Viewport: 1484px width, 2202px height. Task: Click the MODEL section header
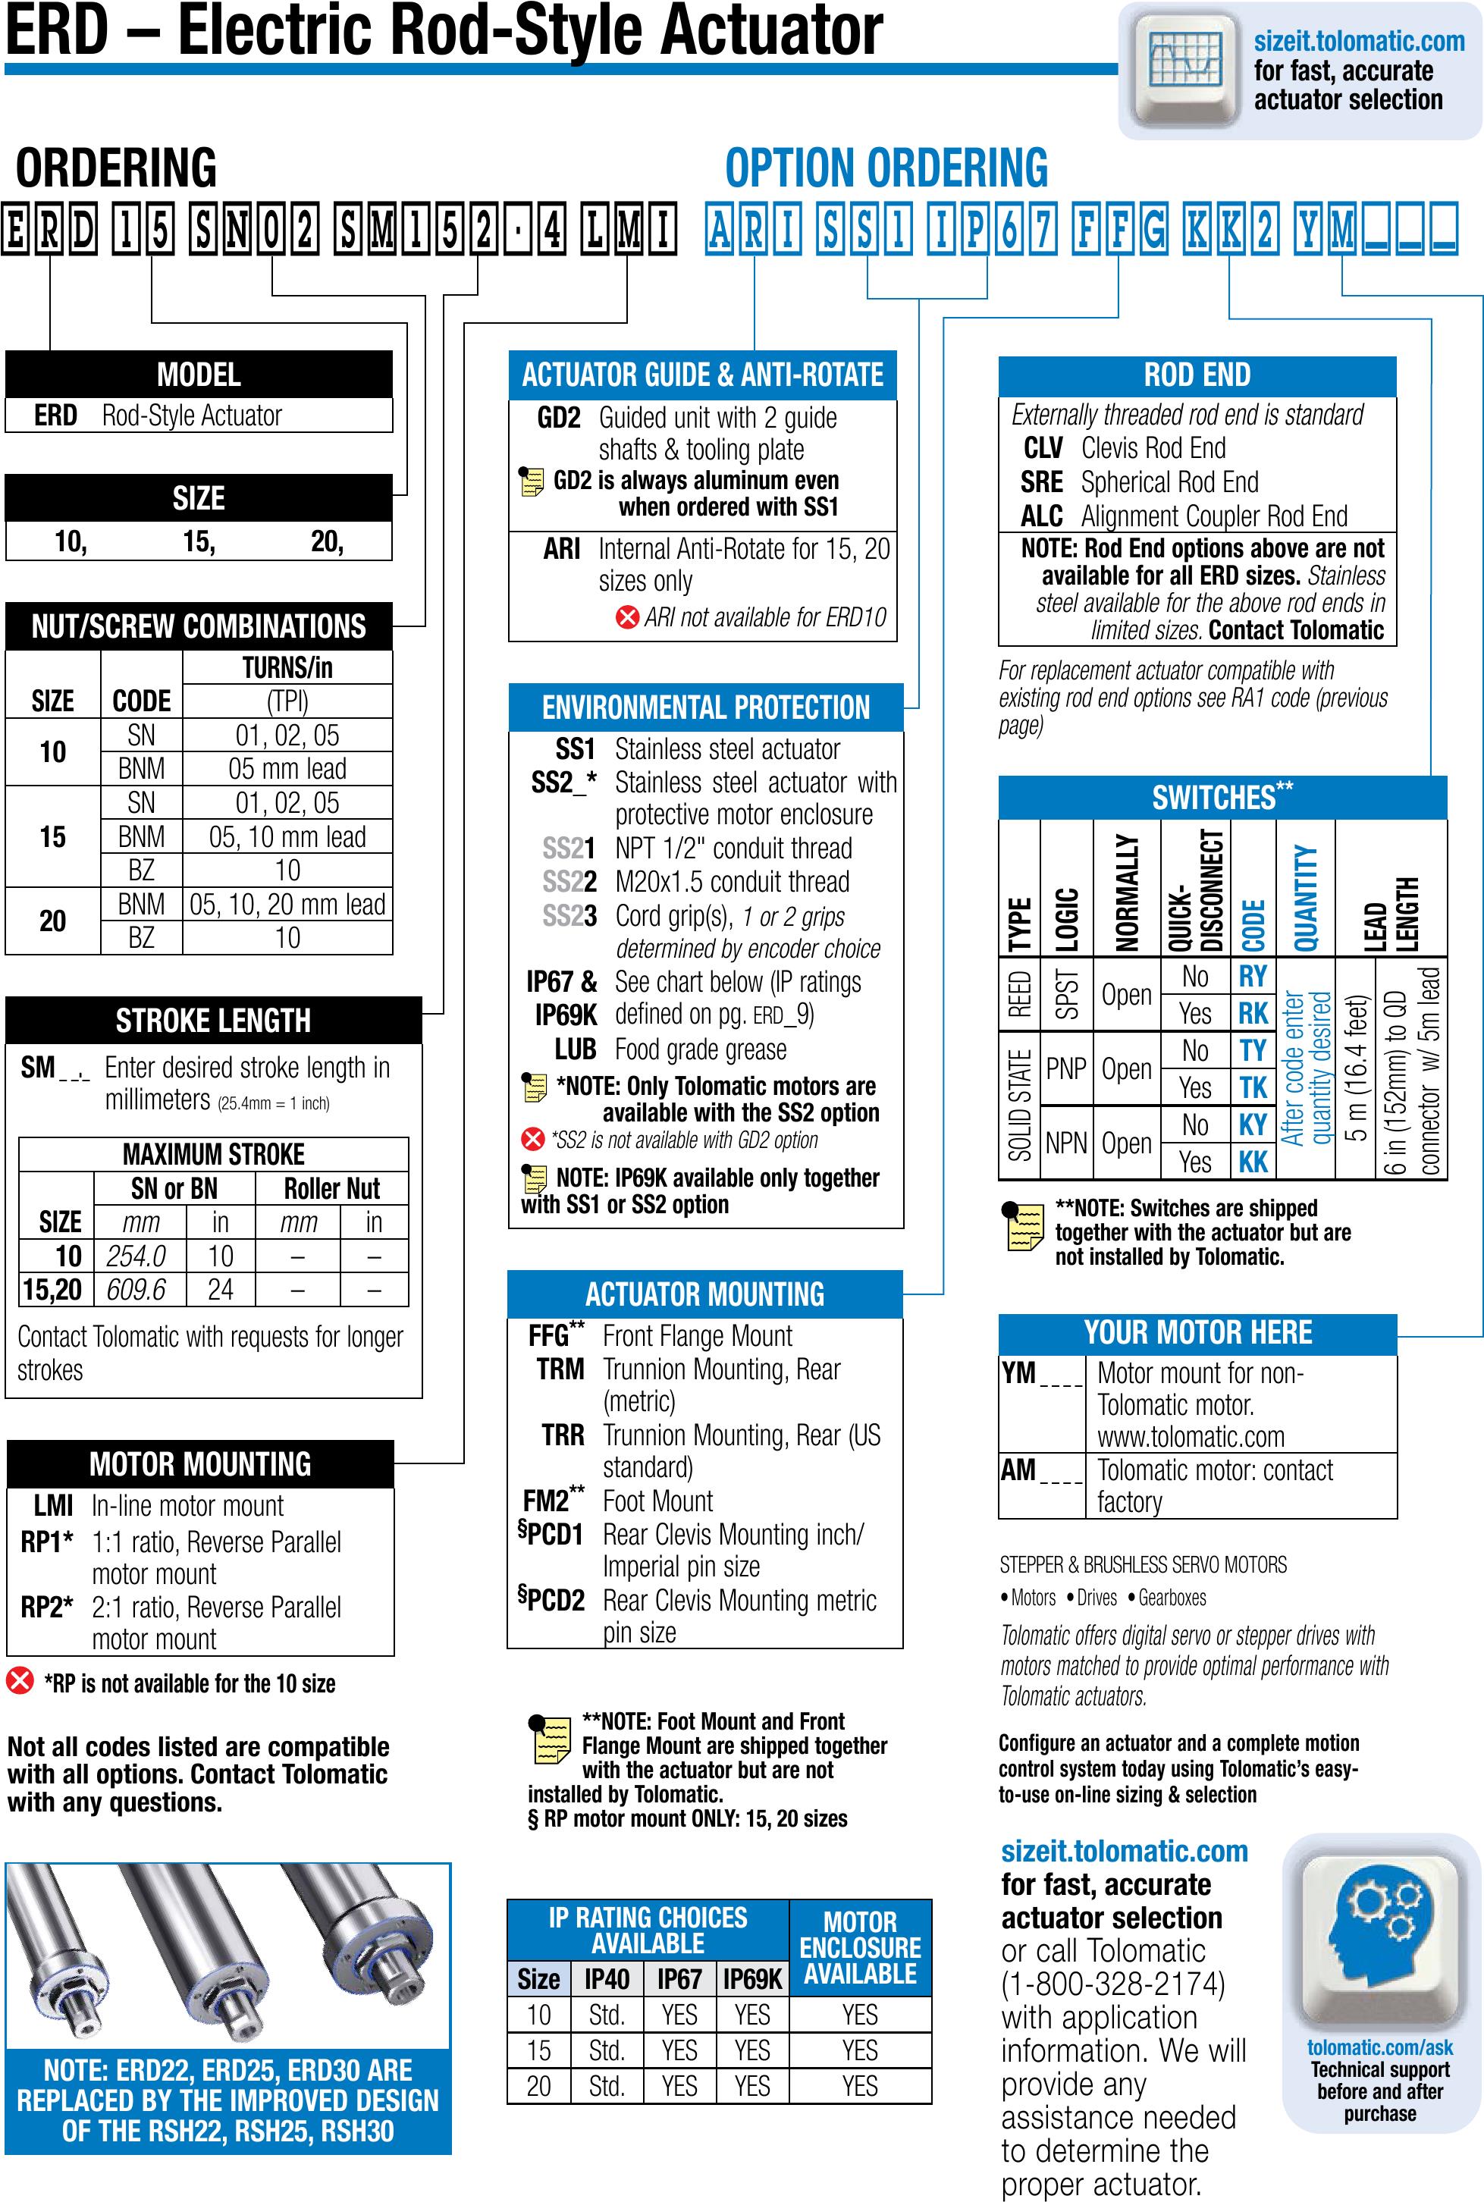click(199, 375)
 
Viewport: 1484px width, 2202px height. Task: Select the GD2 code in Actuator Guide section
click(558, 417)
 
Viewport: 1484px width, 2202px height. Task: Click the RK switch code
click(1252, 1014)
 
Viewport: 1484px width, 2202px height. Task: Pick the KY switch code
click(1252, 1125)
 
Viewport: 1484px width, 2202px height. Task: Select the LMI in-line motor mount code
click(53, 1506)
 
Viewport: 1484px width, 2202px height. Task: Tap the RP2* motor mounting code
click(46, 1607)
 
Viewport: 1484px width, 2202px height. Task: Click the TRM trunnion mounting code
click(560, 1369)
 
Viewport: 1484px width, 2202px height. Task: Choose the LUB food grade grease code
click(575, 1049)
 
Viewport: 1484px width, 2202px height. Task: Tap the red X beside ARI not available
click(626, 618)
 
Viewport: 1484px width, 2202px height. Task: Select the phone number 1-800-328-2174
click(1113, 1984)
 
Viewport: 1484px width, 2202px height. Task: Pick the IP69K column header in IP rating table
click(752, 1980)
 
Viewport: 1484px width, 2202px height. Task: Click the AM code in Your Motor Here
click(1018, 1470)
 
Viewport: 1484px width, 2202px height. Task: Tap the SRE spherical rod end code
click(1041, 481)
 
